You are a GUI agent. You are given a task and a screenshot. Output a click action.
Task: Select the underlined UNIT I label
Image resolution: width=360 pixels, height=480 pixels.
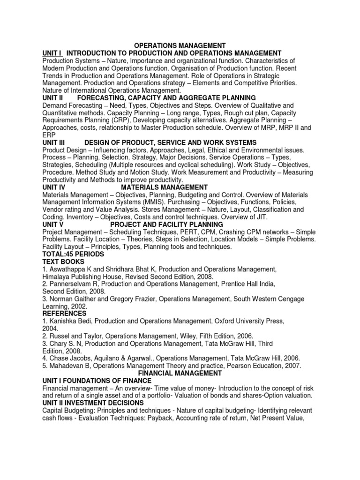pyautogui.click(x=52, y=53)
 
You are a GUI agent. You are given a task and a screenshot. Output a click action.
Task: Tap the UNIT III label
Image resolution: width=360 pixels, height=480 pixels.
pyautogui.click(x=56, y=142)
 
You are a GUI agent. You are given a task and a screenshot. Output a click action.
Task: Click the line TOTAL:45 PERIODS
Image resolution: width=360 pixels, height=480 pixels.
pyautogui.click(x=73, y=254)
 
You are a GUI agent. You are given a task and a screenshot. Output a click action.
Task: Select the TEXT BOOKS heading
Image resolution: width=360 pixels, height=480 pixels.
pyautogui.click(x=63, y=262)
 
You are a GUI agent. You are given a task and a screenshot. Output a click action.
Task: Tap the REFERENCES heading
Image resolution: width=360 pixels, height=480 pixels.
pyautogui.click(x=64, y=313)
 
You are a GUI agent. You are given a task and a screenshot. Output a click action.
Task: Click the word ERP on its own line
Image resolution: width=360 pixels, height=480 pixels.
pyautogui.click(x=48, y=135)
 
